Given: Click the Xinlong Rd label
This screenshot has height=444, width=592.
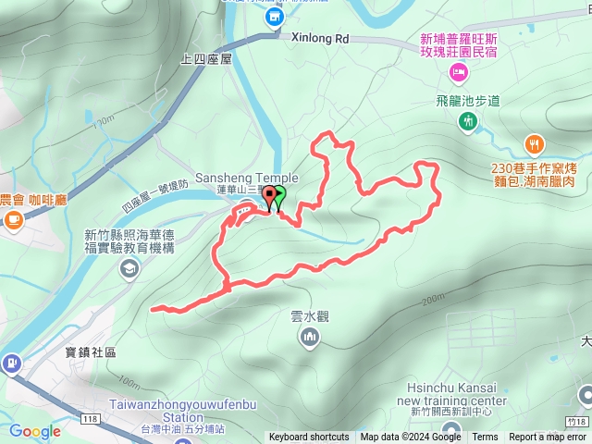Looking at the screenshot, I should (319, 40).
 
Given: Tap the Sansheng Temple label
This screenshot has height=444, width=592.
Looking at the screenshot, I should (246, 178).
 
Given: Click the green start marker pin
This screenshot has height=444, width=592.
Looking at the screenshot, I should (278, 197).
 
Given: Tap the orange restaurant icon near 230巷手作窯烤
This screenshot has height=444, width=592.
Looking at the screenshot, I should (535, 144).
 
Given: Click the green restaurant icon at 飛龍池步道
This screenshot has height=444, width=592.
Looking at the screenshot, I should (468, 121).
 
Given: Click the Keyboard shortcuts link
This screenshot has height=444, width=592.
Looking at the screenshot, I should (309, 438).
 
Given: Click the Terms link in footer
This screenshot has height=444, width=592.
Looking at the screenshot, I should (485, 438).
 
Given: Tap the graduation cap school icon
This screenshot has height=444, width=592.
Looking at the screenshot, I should (130, 268).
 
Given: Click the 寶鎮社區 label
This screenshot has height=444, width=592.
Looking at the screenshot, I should (91, 352).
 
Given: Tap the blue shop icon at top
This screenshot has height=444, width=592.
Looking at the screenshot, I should (274, 17).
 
